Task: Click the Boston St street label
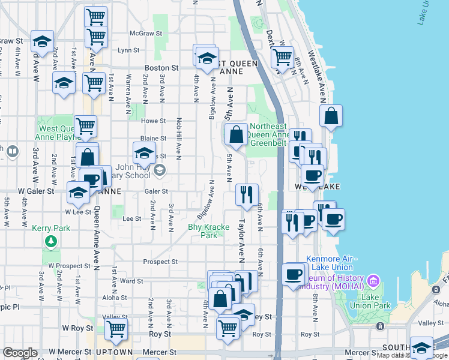pyautogui.click(x=161, y=68)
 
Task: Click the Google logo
pyautogui.click(x=20, y=353)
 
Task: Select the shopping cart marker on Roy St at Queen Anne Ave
pyautogui.click(x=115, y=328)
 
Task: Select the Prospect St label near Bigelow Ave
pyautogui.click(x=160, y=262)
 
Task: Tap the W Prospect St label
pyautogui.click(x=69, y=265)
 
